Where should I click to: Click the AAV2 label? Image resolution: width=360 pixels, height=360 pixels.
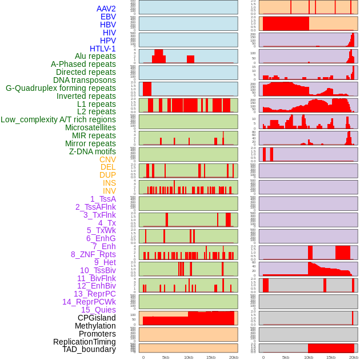(x=106, y=9)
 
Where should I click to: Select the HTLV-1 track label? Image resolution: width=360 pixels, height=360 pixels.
(x=103, y=49)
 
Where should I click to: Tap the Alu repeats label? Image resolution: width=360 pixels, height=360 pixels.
(x=95, y=56)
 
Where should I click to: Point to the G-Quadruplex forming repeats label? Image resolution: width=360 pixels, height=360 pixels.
(x=61, y=88)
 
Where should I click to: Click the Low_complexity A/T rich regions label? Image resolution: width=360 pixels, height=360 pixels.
(x=58, y=119)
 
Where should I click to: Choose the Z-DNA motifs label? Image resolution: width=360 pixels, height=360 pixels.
(x=93, y=151)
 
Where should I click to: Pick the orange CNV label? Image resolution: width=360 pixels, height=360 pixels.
(x=107, y=159)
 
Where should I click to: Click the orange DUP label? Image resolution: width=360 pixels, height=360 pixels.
(x=107, y=175)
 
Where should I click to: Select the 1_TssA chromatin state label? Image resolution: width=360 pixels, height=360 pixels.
(x=103, y=199)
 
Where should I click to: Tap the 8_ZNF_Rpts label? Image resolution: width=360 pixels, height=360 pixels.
(x=93, y=254)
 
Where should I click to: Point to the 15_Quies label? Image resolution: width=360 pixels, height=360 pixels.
(x=98, y=310)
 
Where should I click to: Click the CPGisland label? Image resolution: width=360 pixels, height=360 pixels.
(x=97, y=318)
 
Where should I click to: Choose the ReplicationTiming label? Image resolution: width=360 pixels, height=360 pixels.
(x=84, y=342)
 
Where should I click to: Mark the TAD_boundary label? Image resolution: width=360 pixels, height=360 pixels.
(x=89, y=349)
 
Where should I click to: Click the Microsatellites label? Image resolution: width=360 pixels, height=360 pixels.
(x=90, y=127)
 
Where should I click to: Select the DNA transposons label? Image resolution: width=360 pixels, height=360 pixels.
(x=85, y=80)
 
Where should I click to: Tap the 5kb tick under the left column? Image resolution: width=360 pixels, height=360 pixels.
(x=166, y=357)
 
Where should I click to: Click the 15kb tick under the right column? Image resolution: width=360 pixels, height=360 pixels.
(x=331, y=357)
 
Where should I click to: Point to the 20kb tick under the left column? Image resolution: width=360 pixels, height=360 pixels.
(x=233, y=357)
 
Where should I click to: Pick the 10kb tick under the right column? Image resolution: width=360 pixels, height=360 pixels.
(x=309, y=357)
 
